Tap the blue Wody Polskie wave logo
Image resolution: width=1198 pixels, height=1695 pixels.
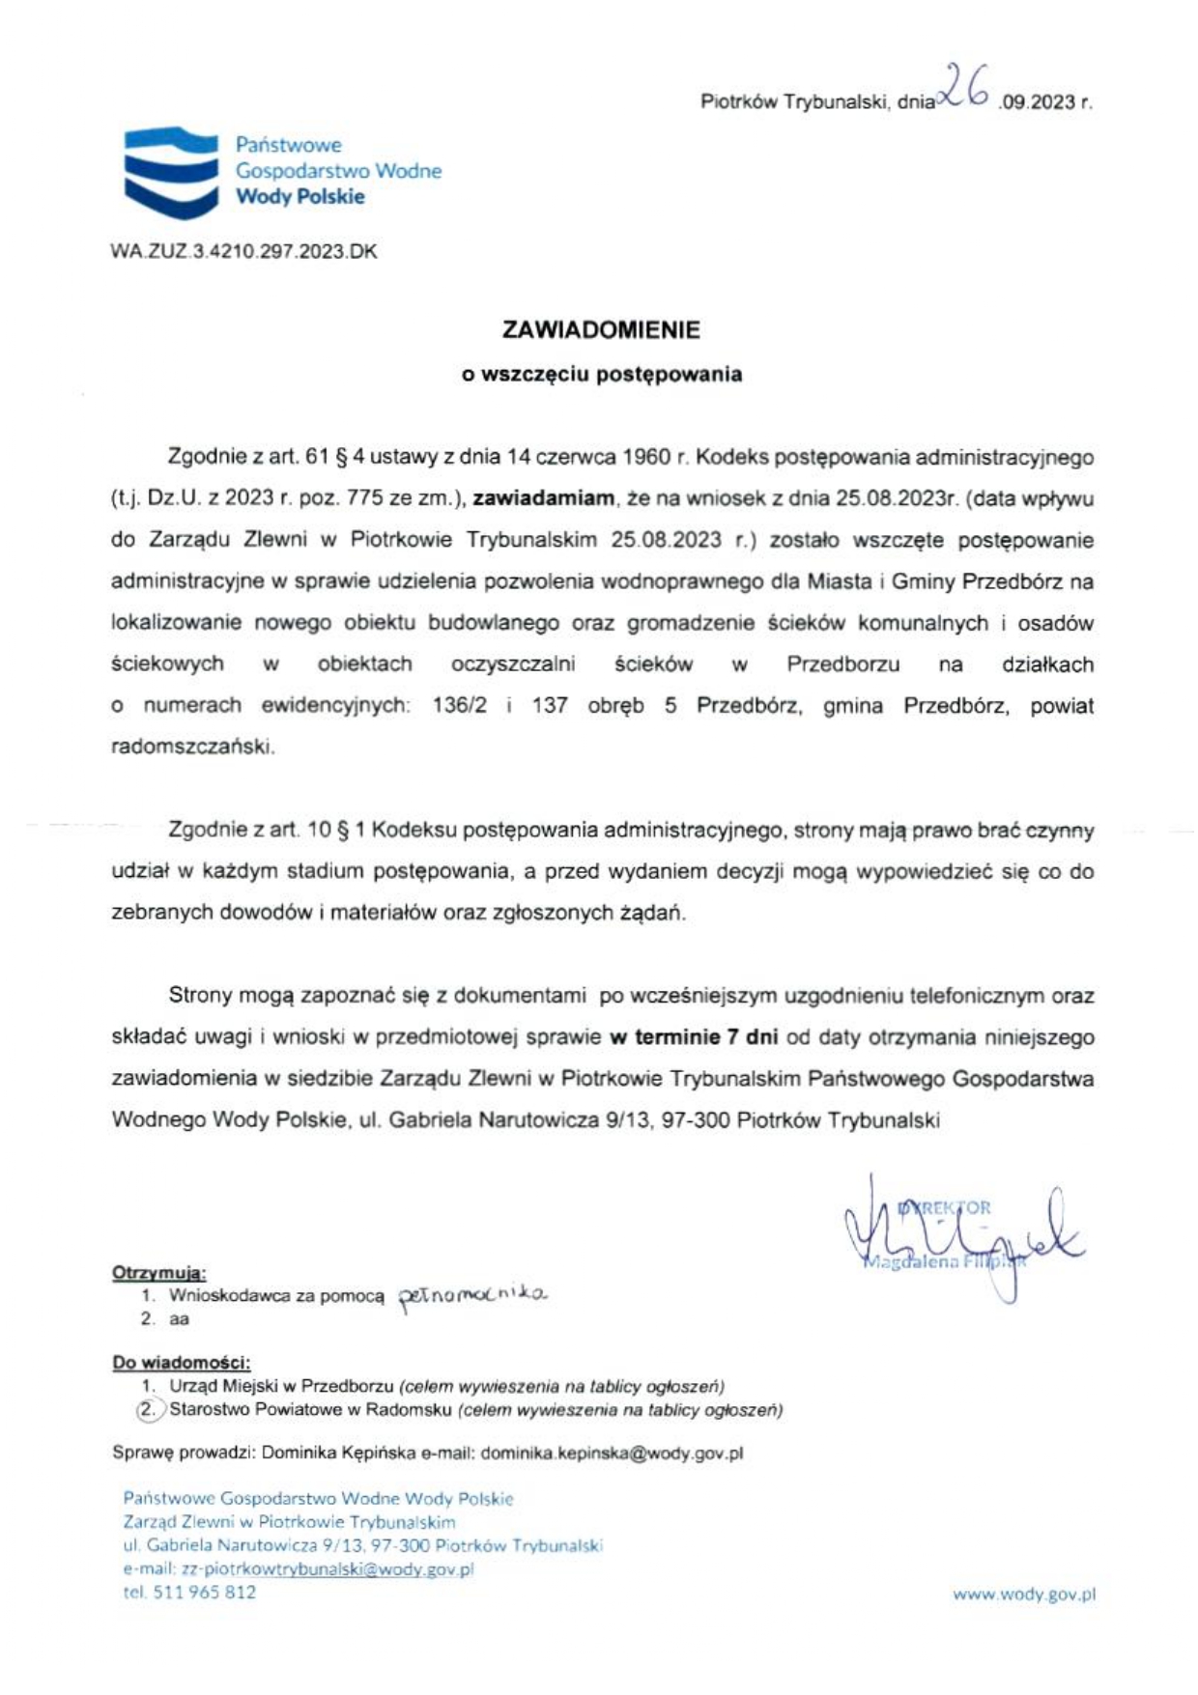pyautogui.click(x=170, y=171)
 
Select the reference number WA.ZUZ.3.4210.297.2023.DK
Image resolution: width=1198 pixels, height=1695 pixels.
pyautogui.click(x=243, y=252)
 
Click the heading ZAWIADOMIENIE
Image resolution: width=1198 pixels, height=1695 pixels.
pyautogui.click(x=601, y=330)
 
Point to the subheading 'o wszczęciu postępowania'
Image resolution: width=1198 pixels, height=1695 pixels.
pyautogui.click(x=601, y=375)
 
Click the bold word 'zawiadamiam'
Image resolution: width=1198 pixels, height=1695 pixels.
pyautogui.click(x=543, y=498)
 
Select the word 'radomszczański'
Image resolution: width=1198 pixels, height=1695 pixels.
pyautogui.click(x=192, y=748)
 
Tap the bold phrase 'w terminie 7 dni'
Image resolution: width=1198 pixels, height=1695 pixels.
pyautogui.click(x=693, y=1038)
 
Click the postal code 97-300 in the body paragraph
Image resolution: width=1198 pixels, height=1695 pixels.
pyautogui.click(x=695, y=1121)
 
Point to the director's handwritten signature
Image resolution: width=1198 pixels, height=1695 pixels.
pyautogui.click(x=956, y=1236)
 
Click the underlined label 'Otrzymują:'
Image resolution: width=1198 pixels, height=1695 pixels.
pyautogui.click(x=159, y=1272)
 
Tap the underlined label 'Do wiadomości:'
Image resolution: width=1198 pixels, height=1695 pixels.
pyautogui.click(x=181, y=1363)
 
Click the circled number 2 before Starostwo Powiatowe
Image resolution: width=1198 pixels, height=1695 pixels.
pyautogui.click(x=148, y=1409)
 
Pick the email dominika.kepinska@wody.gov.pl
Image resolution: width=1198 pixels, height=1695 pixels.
pyautogui.click(x=611, y=1453)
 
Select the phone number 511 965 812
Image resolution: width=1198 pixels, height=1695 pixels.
pyautogui.click(x=204, y=1593)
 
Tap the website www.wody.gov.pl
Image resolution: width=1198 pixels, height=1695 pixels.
pyautogui.click(x=1024, y=1595)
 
